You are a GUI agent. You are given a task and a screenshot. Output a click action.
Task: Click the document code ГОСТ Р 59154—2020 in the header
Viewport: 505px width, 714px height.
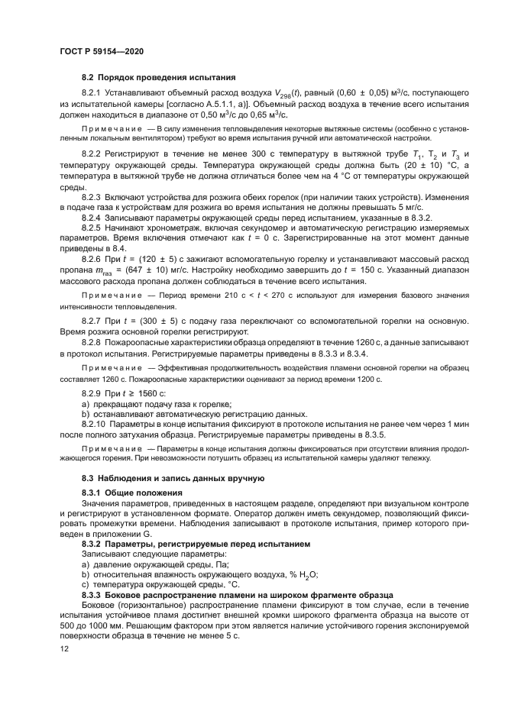pyautogui.click(x=101, y=50)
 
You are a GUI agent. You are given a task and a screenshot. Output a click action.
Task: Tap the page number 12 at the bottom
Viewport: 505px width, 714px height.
pyautogui.click(x=63, y=648)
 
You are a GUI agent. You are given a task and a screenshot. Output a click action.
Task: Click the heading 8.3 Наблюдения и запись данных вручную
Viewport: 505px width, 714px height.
pyautogui.click(x=173, y=478)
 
